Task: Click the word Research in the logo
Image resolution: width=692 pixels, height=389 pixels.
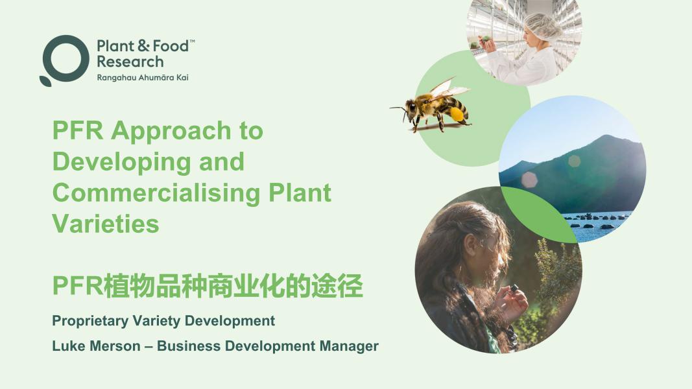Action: pyautogui.click(x=130, y=62)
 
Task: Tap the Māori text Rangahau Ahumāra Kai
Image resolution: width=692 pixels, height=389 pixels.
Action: pyautogui.click(x=143, y=78)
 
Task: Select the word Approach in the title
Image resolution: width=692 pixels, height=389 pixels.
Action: pyautogui.click(x=171, y=132)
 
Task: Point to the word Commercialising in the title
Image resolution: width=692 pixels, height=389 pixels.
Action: pyautogui.click(x=157, y=193)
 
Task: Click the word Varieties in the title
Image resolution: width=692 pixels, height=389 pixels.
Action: pyautogui.click(x=106, y=224)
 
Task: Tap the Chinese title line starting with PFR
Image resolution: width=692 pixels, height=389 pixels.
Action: pyautogui.click(x=208, y=286)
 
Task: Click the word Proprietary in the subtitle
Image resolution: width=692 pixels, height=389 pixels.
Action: pyautogui.click(x=90, y=321)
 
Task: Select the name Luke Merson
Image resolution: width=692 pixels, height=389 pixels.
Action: pyautogui.click(x=96, y=346)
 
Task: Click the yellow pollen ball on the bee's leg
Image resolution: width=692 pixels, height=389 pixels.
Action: pyautogui.click(x=457, y=114)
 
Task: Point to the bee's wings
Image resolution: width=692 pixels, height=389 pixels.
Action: pyautogui.click(x=447, y=88)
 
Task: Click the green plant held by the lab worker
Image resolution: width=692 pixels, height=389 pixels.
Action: pyautogui.click(x=486, y=40)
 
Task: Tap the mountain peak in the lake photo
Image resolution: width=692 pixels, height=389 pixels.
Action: pyautogui.click(x=607, y=137)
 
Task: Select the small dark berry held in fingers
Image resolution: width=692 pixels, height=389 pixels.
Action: pyautogui.click(x=514, y=289)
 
